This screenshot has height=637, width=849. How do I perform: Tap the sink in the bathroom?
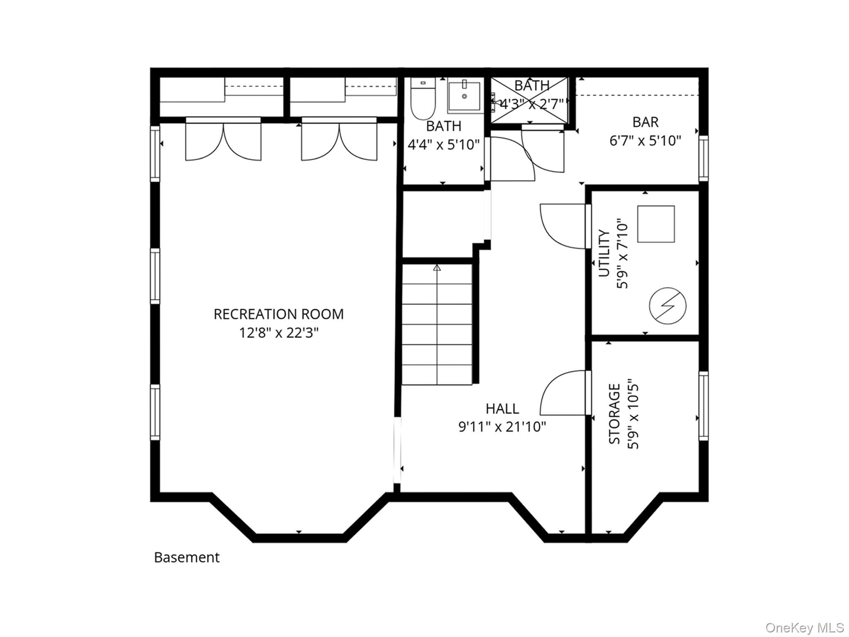tap(464, 96)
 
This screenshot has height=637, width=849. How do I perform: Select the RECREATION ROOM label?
tap(279, 314)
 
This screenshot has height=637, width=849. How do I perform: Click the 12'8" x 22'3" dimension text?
tap(279, 333)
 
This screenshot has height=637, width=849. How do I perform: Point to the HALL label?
tap(502, 409)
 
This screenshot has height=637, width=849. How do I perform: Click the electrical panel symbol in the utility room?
tap(667, 306)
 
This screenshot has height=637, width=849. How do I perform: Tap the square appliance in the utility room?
tap(656, 224)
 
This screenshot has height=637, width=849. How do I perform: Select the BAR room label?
tap(645, 122)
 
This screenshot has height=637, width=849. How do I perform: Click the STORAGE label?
tap(614, 414)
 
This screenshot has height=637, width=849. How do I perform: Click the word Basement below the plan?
tap(187, 557)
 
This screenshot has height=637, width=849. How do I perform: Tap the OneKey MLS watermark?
tap(804, 627)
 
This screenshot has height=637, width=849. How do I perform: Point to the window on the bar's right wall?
tap(703, 158)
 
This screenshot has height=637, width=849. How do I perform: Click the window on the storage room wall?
tap(703, 406)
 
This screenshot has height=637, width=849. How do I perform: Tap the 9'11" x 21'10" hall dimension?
tap(502, 426)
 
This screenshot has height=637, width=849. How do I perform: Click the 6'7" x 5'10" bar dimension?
tap(645, 141)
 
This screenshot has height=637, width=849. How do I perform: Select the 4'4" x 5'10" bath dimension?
tap(444, 144)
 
